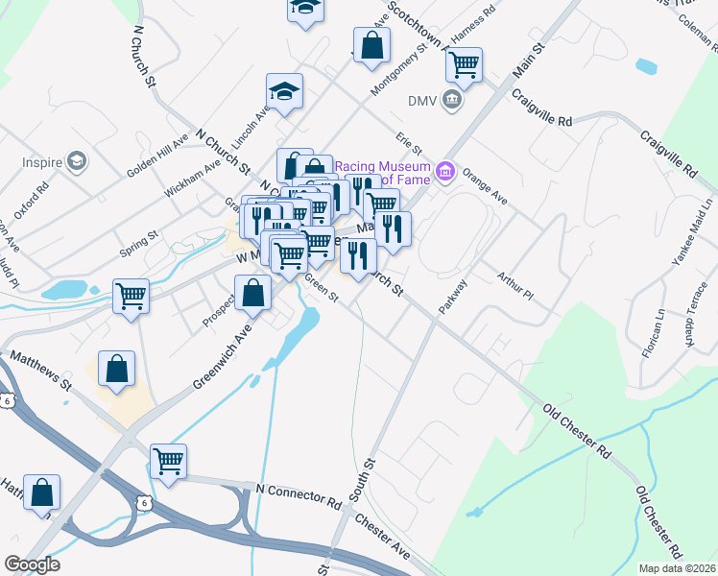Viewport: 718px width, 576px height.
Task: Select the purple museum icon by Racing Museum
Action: point(443,172)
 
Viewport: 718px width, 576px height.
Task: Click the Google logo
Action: point(32,564)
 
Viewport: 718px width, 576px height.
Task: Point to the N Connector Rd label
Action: point(298,495)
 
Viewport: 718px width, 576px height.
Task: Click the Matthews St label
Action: point(39,370)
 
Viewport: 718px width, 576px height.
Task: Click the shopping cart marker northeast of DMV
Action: point(464,64)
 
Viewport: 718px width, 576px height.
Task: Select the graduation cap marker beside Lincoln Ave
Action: point(284,91)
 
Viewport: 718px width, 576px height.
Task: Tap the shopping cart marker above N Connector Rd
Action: point(168,461)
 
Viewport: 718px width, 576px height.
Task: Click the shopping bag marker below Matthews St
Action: point(116,369)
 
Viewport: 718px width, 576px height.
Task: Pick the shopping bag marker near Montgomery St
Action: point(371,43)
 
